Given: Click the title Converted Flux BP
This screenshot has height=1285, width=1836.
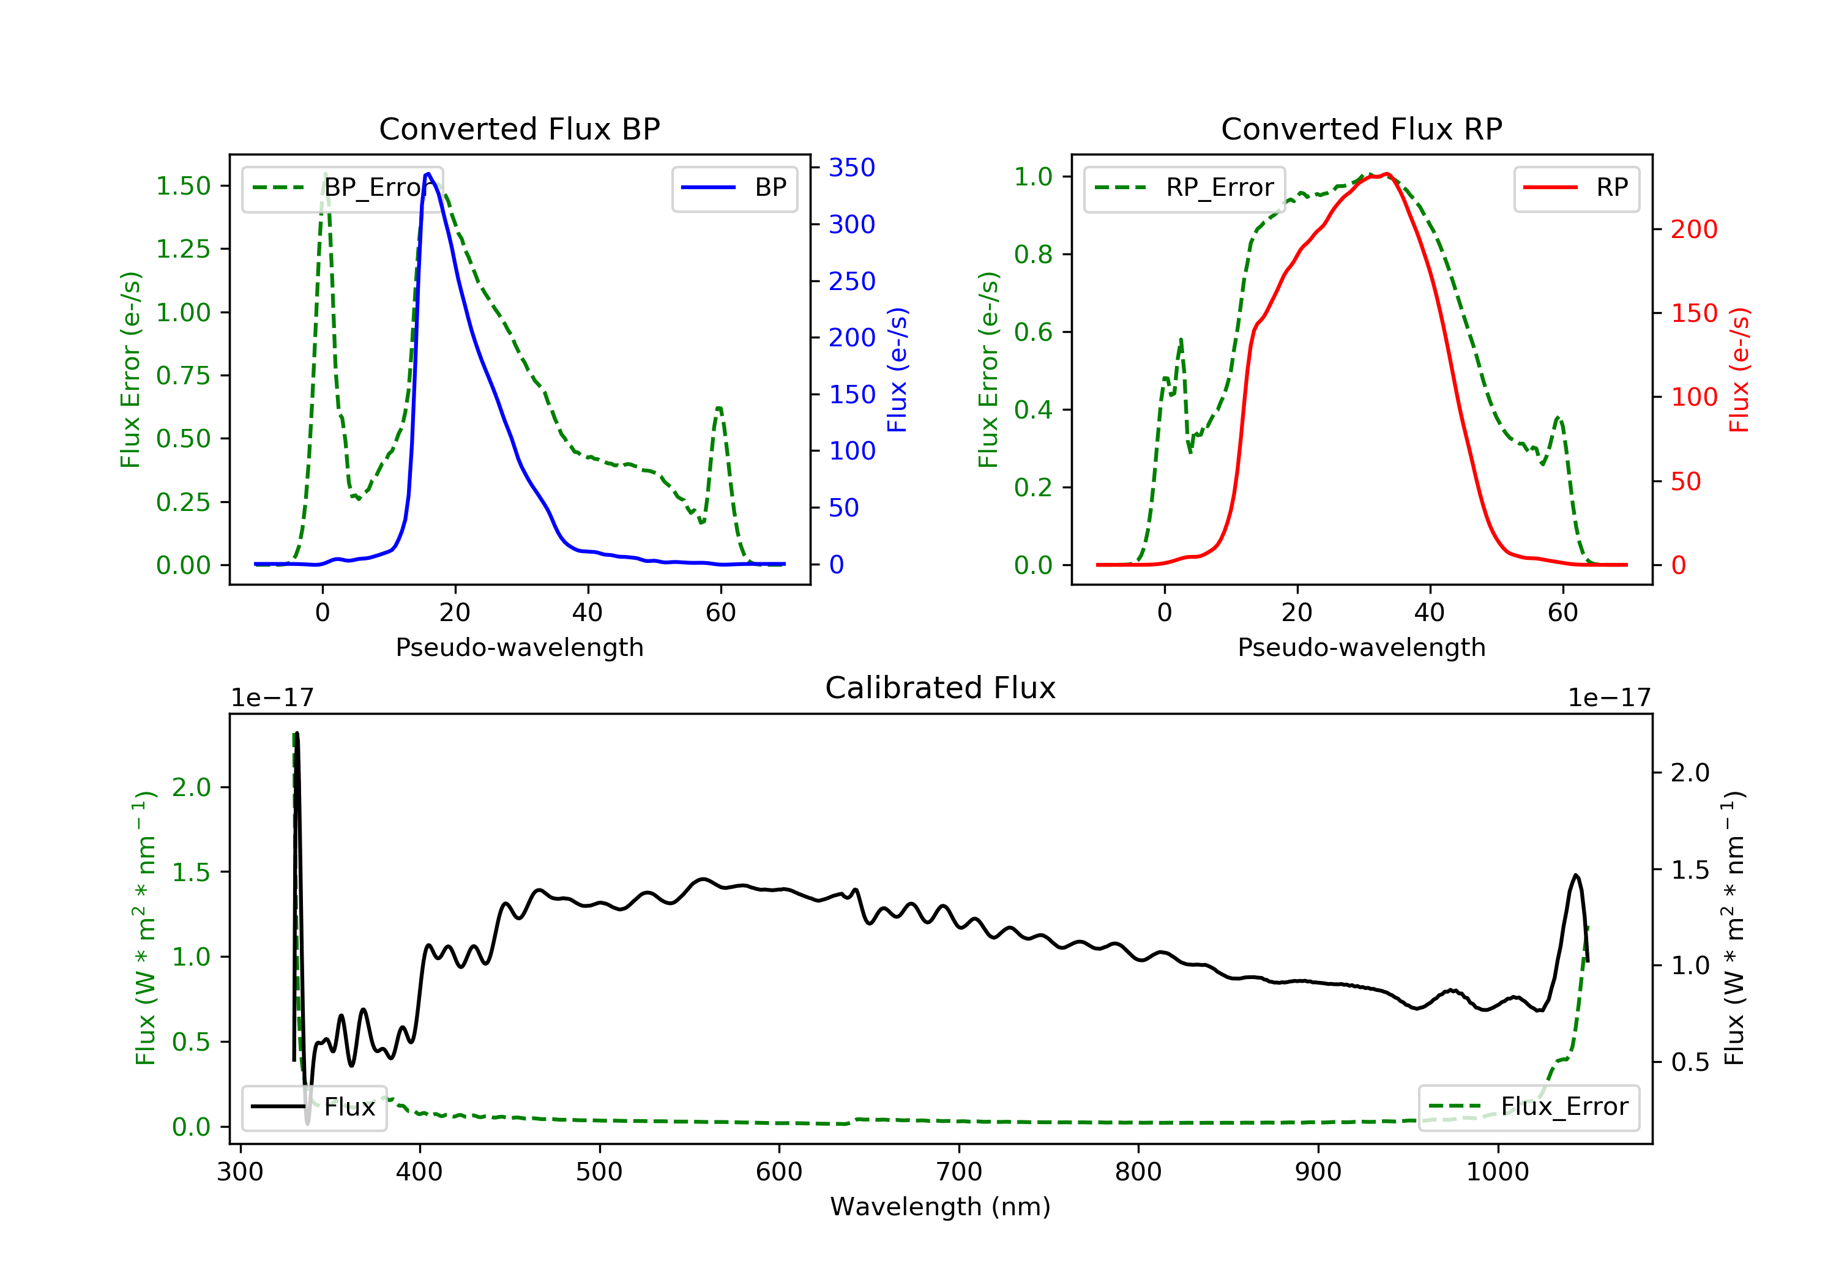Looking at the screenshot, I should [x=519, y=128].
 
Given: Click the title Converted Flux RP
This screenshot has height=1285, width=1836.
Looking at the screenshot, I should [x=1361, y=128].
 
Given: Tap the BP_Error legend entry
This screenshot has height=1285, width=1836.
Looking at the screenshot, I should [x=342, y=188].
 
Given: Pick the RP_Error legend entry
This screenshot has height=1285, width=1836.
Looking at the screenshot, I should [x=1184, y=188].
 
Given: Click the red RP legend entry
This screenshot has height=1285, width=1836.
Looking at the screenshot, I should [x=1576, y=188].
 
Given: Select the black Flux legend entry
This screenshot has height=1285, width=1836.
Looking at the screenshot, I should [x=315, y=1107].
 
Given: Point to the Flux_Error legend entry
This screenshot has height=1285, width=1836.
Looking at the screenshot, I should [x=1528, y=1107].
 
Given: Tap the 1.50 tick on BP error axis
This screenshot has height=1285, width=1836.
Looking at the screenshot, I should [x=183, y=185].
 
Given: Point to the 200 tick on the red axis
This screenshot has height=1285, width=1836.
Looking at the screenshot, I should [x=1693, y=229].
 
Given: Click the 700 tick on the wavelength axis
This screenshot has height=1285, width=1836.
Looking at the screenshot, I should [x=958, y=1172].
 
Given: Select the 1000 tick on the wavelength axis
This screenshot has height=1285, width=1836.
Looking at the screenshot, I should [x=1497, y=1172].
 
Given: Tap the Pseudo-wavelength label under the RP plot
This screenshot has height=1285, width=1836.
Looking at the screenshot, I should [x=1361, y=647].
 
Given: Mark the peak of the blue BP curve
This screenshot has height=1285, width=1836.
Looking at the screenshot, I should [x=428, y=174].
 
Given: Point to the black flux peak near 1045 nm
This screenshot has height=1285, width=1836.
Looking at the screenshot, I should [x=1576, y=876].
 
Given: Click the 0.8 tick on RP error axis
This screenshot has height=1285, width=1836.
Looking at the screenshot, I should [x=1032, y=255].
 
